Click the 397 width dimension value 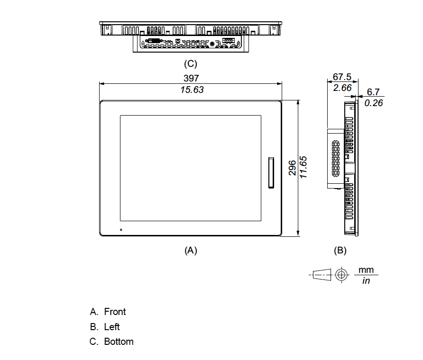191,79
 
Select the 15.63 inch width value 192,90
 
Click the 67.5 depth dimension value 341,77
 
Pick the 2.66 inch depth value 342,88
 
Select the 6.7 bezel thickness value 373,92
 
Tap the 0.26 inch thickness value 374,103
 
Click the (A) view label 190,250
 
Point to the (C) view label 190,63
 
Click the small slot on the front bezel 271,173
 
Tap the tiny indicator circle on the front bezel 121,230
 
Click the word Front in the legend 115,312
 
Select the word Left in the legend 112,327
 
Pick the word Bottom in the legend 119,342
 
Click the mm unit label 366,270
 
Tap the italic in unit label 366,281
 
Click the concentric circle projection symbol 340,275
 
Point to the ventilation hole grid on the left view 336,159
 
